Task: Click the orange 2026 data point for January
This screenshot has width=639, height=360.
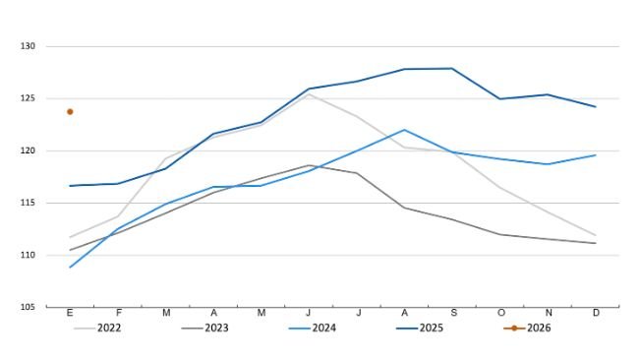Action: pos(70,111)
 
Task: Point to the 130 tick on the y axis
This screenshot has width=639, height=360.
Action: pos(27,47)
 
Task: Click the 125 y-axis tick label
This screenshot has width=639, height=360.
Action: pos(27,99)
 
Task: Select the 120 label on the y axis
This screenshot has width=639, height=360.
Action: pos(27,151)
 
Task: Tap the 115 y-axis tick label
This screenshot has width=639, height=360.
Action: pos(27,204)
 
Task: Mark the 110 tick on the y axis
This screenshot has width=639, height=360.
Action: pos(27,256)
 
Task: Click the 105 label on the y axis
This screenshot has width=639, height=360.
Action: pos(27,308)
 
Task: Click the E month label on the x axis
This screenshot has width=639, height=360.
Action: pos(70,314)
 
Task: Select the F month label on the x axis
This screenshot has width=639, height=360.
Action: pos(118,314)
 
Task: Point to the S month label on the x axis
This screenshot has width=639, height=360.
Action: pos(452,314)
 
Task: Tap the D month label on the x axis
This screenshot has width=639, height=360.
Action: pos(596,314)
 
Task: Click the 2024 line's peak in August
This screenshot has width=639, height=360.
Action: pos(404,130)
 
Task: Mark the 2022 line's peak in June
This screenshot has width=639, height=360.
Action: pos(309,93)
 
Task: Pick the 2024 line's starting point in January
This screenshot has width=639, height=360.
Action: pos(70,268)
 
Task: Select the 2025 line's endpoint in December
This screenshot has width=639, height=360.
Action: pos(596,107)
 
